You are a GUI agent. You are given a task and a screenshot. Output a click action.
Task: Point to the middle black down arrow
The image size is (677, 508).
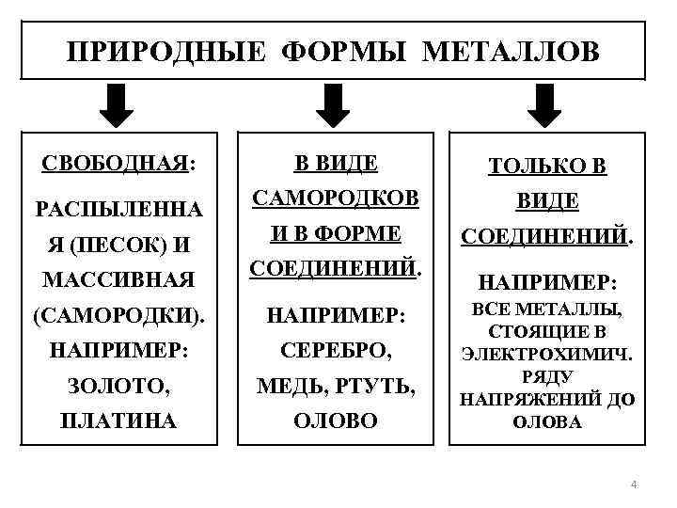point(332,104)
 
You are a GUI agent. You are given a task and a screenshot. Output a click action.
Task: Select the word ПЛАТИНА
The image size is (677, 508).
point(118,421)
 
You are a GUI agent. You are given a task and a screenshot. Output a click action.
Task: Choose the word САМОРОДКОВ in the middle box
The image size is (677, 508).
point(336,198)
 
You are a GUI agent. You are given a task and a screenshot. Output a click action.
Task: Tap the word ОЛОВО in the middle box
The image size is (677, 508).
point(336,421)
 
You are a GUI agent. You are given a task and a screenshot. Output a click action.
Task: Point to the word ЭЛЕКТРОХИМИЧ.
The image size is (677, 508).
point(545,354)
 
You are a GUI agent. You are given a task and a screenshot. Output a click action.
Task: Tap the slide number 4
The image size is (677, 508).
point(633,484)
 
